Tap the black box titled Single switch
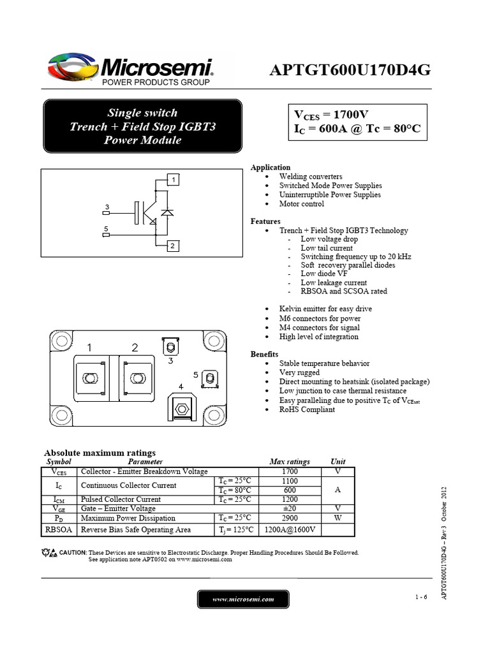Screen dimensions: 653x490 142,126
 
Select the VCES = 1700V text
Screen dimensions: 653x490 330,115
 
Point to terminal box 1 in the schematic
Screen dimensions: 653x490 173,180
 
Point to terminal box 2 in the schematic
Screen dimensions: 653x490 173,246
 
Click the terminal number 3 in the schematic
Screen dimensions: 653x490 107,207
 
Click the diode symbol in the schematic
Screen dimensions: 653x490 167,212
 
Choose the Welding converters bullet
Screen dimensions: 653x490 311,177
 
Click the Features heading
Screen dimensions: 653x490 265,221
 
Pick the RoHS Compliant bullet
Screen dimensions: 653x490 307,409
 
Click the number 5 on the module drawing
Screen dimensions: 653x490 196,374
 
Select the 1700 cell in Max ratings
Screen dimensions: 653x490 290,471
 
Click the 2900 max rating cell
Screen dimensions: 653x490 290,518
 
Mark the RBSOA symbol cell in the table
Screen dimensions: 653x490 59,529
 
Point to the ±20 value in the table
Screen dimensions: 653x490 290,508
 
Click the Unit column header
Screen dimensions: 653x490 338,462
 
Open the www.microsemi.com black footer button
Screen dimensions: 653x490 243,599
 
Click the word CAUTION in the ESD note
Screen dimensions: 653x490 73,552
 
